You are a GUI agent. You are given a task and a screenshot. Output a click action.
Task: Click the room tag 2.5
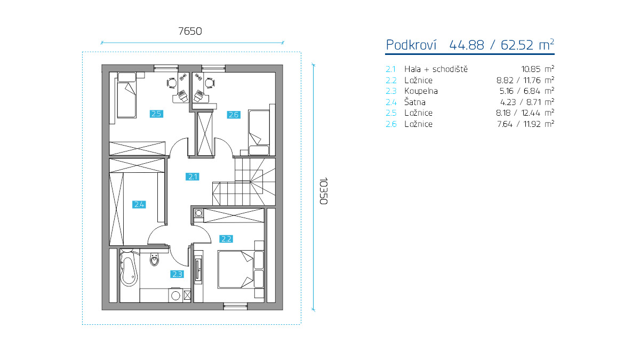tap(156, 114)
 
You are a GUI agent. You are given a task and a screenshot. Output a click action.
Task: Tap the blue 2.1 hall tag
tap(193, 177)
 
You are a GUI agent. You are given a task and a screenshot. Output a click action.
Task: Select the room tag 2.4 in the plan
tap(139, 205)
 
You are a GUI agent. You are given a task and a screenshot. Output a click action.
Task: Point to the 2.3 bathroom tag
tap(177, 274)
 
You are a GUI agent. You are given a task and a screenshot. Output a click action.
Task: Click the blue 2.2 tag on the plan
tap(226, 239)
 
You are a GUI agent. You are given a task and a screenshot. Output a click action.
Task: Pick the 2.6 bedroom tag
tap(234, 115)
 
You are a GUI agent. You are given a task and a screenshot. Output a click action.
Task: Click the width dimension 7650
tap(190, 31)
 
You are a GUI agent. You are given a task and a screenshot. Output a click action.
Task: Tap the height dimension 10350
tap(323, 191)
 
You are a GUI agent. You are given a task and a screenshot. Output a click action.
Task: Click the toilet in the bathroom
tap(154, 260)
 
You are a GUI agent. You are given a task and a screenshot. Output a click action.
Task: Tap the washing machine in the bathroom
tap(175, 295)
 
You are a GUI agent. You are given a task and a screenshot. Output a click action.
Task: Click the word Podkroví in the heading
tap(411, 45)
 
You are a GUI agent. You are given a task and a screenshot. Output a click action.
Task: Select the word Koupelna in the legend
tap(421, 91)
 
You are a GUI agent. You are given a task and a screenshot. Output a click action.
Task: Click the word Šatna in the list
tap(415, 102)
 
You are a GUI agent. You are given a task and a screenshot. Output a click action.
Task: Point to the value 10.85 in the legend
tap(531, 69)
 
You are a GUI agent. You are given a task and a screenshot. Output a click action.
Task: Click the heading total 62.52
tap(517, 45)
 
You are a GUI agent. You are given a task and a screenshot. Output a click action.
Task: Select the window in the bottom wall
tap(235, 307)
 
